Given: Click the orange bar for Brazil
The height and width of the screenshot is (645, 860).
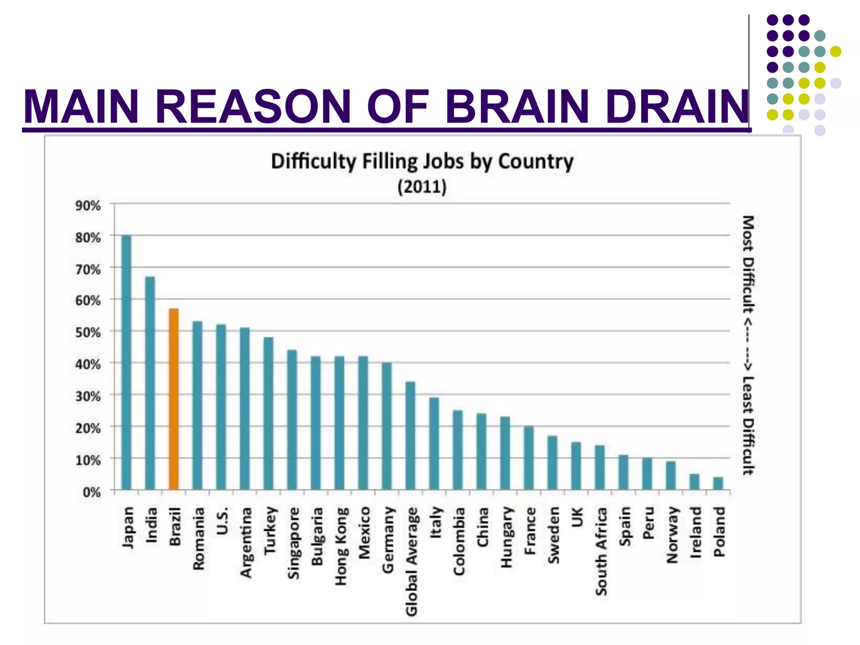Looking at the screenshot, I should [x=174, y=399].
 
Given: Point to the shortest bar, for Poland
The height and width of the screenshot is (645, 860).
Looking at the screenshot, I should [x=718, y=483].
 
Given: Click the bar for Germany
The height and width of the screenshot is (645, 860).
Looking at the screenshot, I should [x=387, y=426].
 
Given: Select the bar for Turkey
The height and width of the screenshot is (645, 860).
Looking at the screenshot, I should [x=268, y=413].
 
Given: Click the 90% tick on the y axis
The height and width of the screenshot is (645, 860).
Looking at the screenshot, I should [x=88, y=206].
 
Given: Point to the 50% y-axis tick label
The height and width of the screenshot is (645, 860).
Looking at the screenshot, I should [x=88, y=333].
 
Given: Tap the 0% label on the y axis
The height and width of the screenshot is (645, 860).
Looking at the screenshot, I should [x=91, y=492].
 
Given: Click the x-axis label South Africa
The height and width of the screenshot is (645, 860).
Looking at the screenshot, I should [x=601, y=551].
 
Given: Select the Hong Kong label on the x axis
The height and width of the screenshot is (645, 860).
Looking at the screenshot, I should [x=341, y=546].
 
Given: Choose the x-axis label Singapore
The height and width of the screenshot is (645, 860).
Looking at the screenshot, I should [x=294, y=543].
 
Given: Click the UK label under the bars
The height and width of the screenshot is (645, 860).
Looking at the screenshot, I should [x=577, y=517].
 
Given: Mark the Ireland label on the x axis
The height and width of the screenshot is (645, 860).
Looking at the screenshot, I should [x=695, y=532].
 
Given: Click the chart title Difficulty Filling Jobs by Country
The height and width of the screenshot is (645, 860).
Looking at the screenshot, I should [x=422, y=161].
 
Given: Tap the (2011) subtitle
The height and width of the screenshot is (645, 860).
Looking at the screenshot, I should [x=422, y=186].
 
